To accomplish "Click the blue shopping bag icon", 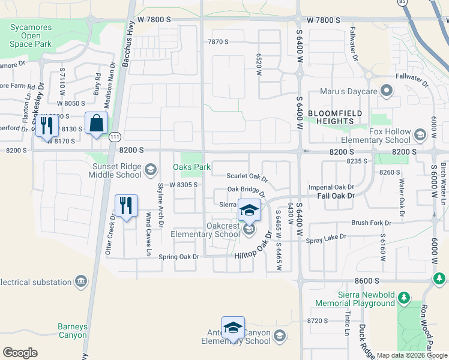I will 96,124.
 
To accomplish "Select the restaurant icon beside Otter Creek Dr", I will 126,206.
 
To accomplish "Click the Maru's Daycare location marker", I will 387,91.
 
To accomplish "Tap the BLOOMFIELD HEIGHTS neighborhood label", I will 330,117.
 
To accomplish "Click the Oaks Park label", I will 191,167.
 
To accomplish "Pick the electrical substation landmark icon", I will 80,281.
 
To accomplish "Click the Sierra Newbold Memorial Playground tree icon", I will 404,298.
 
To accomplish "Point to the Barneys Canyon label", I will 73,331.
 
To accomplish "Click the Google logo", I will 20,353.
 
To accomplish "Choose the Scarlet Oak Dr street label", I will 247,177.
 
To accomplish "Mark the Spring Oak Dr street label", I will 178,256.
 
